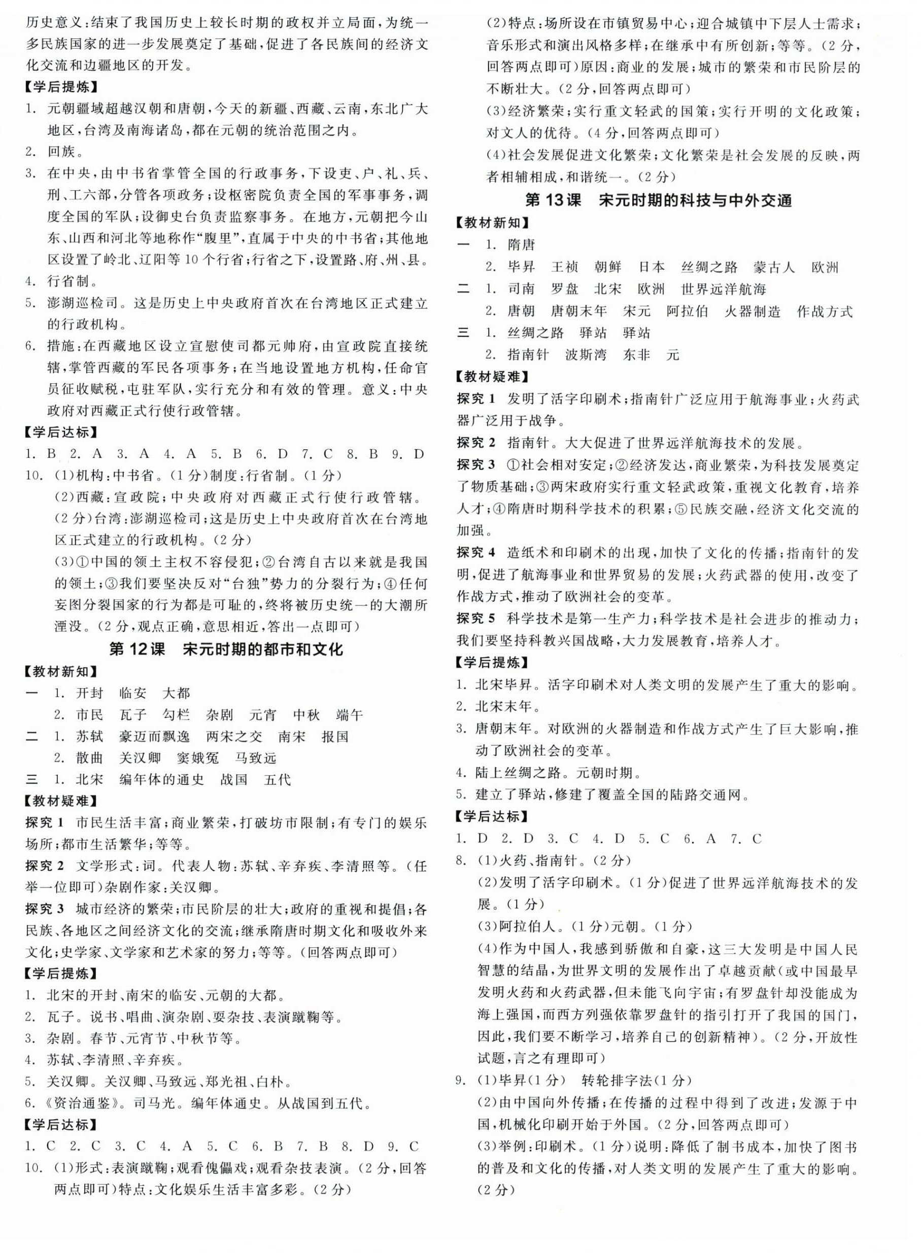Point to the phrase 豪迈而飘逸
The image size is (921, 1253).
coord(154,736)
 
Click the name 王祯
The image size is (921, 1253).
coord(564,267)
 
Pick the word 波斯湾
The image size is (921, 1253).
coord(586,355)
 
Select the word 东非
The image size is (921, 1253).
coord(637,355)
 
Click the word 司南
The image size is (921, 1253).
coord(521,289)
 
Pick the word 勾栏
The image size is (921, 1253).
coord(177,714)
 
